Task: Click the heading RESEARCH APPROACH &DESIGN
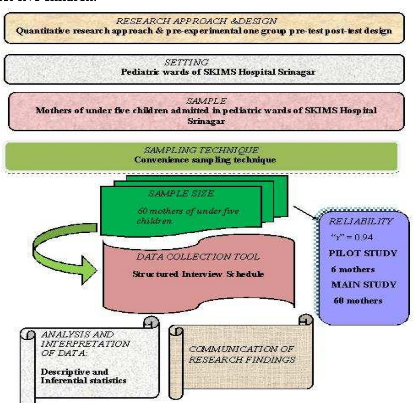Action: click(196, 21)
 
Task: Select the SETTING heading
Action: click(186, 62)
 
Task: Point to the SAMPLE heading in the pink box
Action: click(206, 101)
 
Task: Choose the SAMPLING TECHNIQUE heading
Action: click(201, 150)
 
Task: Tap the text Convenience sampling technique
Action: click(205, 160)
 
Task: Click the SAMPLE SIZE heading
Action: click(181, 193)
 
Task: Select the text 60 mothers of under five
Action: click(188, 211)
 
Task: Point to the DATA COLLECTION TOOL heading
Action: click(198, 257)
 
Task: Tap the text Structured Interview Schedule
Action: click(198, 274)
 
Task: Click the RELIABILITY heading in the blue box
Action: click(360, 221)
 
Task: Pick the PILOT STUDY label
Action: click(362, 253)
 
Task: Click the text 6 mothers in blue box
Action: click(353, 269)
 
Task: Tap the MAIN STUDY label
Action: click(363, 285)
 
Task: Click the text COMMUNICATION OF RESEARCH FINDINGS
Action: click(242, 354)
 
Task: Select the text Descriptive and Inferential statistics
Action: click(83, 376)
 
